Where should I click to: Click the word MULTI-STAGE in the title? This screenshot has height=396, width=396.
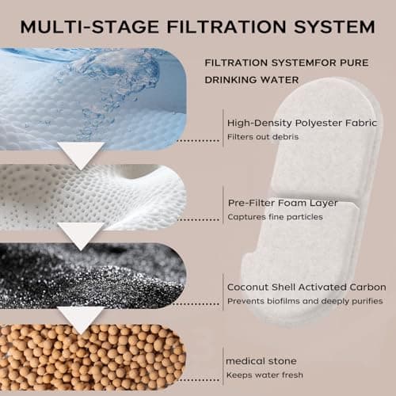point(89,27)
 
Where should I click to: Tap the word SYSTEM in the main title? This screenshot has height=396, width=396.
point(334,27)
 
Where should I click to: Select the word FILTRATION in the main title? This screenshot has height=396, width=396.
point(227,27)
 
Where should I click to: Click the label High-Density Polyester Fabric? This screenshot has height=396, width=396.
point(302,123)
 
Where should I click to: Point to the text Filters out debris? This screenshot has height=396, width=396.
point(263,137)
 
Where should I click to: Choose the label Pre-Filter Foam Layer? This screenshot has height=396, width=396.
point(283,203)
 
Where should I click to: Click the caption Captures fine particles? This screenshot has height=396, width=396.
point(275,217)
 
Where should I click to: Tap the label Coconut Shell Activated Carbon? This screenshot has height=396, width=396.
point(307,287)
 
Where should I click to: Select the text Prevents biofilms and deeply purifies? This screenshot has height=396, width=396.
point(305,301)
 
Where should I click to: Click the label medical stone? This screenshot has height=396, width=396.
point(261,361)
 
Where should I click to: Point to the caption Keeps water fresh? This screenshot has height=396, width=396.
point(265,375)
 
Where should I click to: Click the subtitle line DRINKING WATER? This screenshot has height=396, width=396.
point(252,80)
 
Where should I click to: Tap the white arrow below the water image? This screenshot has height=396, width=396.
point(82,154)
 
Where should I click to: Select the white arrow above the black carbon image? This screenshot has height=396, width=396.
point(82,235)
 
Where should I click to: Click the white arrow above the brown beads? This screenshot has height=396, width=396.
point(82,319)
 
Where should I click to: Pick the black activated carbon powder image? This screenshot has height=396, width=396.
point(93,276)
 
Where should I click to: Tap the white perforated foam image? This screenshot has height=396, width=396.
point(93,197)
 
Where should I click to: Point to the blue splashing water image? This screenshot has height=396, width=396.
point(93,99)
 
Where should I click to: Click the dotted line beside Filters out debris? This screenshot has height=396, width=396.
point(198,140)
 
